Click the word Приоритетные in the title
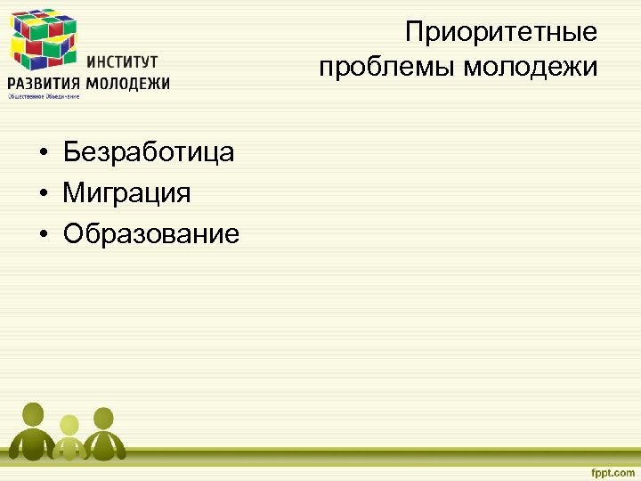(x=501, y=33)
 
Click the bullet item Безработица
(x=149, y=152)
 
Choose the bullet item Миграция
(x=126, y=193)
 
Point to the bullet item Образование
(x=151, y=234)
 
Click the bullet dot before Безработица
(x=43, y=153)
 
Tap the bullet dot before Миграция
(x=43, y=194)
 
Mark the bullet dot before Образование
(x=43, y=235)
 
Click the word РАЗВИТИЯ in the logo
(x=44, y=84)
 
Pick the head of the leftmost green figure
(x=33, y=413)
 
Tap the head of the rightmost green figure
(x=104, y=417)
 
